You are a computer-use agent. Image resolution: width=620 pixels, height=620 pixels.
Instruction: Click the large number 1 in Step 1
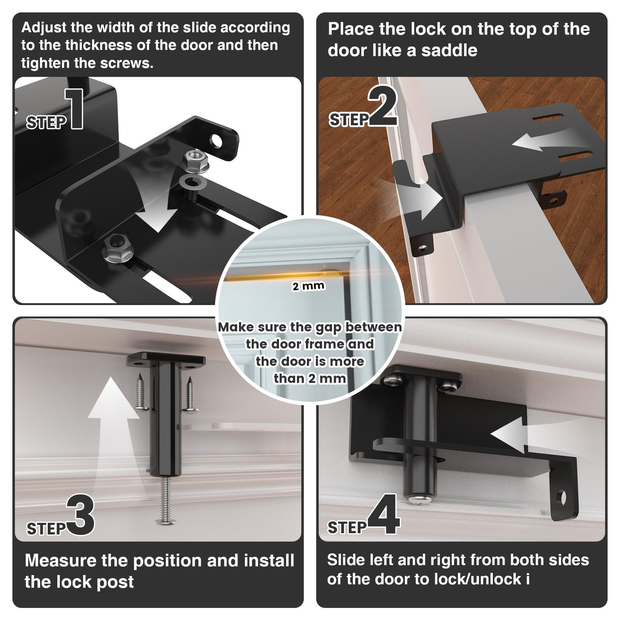(x=75, y=108)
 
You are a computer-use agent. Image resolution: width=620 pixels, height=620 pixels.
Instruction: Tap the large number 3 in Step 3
(x=81, y=515)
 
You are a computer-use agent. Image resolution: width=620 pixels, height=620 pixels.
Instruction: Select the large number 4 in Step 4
(x=384, y=514)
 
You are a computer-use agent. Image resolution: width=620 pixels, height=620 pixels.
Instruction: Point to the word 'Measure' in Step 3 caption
(x=61, y=561)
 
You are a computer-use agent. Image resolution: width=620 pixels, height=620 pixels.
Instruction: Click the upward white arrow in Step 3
(x=114, y=422)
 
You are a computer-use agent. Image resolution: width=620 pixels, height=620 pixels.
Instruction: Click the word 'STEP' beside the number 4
(x=347, y=527)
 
